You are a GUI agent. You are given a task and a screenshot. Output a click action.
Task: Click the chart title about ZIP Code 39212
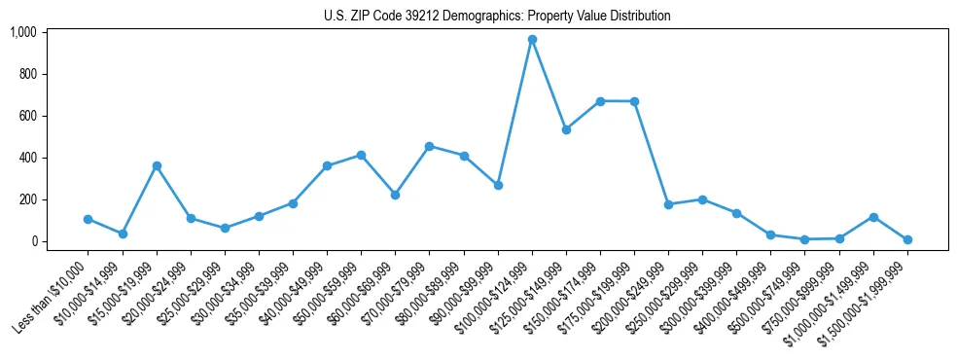(x=497, y=17)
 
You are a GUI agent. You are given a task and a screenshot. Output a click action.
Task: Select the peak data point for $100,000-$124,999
(x=532, y=40)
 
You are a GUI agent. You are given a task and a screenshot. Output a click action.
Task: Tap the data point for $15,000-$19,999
(x=157, y=165)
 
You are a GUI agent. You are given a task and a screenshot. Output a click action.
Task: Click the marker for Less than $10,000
(x=89, y=219)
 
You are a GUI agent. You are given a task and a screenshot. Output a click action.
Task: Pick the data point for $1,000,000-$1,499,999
(x=873, y=217)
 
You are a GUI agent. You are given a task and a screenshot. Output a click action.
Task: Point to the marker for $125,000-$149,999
(x=566, y=129)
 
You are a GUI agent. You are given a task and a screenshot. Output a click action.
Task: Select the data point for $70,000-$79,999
(x=430, y=146)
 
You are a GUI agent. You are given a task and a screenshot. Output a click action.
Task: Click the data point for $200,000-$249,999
(x=668, y=204)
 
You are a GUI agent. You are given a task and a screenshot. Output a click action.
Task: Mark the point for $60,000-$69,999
(x=395, y=195)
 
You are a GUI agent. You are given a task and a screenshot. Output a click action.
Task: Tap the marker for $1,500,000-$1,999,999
(x=907, y=239)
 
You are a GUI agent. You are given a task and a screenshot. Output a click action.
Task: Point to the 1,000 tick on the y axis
(x=23, y=32)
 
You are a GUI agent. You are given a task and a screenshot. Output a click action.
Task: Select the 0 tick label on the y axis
(x=34, y=241)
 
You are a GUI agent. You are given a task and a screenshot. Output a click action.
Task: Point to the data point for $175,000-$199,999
(x=634, y=101)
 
